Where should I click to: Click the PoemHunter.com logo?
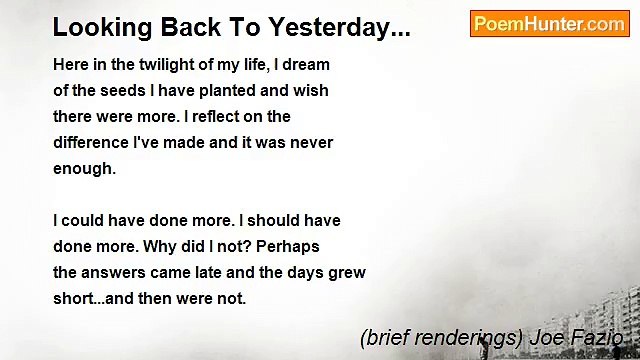(549, 24)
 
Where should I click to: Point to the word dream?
(305, 65)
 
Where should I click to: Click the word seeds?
(123, 91)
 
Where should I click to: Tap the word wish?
(310, 91)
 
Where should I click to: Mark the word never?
(311, 143)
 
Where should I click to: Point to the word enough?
(84, 169)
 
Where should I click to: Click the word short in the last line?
(73, 298)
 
